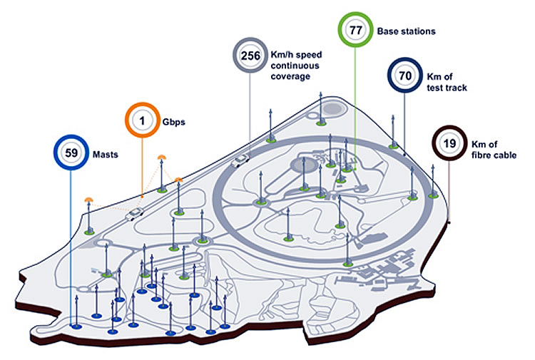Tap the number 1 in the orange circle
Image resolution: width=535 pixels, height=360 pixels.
pyautogui.click(x=142, y=121)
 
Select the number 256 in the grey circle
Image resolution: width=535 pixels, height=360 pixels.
pyautogui.click(x=250, y=56)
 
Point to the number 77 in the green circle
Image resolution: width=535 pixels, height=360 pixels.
pyautogui.click(x=355, y=31)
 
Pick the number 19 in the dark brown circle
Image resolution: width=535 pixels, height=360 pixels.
pyautogui.click(x=449, y=143)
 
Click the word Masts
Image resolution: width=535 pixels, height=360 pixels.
pyautogui.click(x=106, y=153)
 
